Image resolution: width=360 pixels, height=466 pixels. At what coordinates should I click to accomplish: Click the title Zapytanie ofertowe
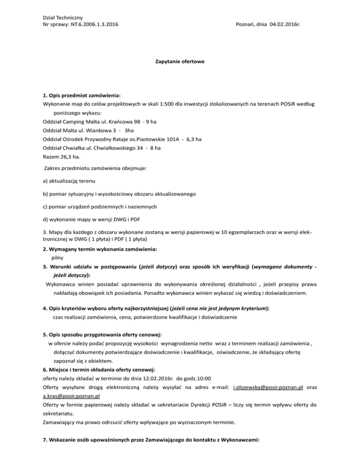[180, 61]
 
